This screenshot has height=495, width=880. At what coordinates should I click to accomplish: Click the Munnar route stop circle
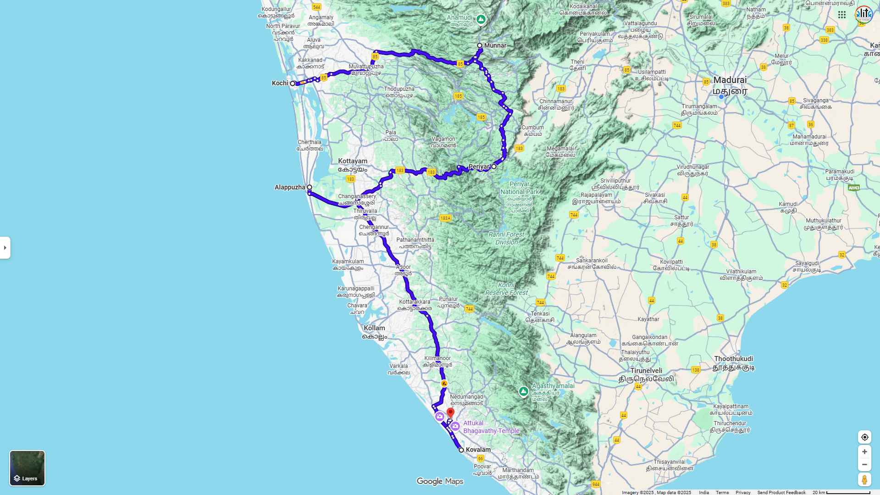480,45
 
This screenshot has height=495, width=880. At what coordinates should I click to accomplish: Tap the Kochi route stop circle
293,83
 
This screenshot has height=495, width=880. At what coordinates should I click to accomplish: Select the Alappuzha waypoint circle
310,187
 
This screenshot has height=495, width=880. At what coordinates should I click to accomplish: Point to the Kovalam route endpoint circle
461,450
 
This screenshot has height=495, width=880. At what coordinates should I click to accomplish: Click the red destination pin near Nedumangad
450,413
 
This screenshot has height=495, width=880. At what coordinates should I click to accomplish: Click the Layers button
28,468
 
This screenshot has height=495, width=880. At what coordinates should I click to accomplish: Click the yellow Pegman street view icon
864,479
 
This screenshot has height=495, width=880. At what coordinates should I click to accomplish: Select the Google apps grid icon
842,15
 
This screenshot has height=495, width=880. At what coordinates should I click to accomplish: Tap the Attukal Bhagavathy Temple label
491,427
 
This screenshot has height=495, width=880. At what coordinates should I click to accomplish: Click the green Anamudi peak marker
481,19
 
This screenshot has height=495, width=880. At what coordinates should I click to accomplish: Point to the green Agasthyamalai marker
523,391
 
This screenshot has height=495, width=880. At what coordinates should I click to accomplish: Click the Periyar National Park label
519,188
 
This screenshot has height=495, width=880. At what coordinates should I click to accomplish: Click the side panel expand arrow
5,248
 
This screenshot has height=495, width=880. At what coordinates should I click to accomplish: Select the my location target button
864,437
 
